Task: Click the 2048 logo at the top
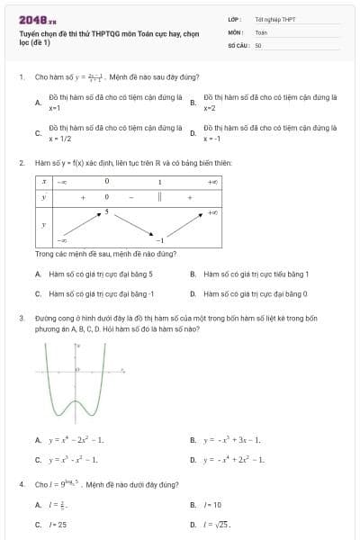click(37, 20)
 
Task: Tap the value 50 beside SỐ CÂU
click(258, 44)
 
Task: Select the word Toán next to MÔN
click(261, 31)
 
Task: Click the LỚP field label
click(234, 19)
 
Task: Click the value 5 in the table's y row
click(106, 211)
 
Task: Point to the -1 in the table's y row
click(159, 241)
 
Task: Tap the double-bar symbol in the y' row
click(159, 196)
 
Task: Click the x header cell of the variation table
click(43, 182)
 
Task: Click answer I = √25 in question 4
click(219, 524)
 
